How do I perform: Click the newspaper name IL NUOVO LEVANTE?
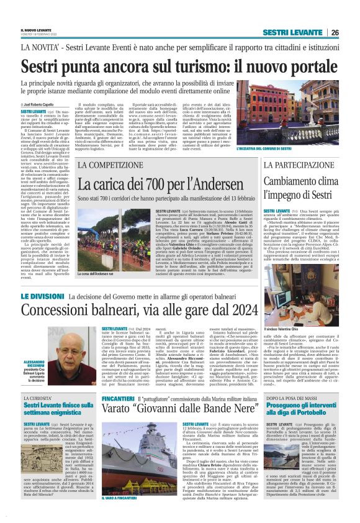point(35,30)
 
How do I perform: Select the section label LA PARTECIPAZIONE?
point(294,165)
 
